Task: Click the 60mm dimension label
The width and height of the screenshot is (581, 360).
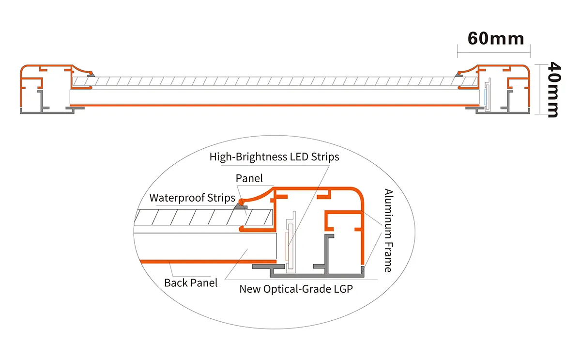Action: click(495, 38)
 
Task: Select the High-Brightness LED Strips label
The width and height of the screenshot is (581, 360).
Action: click(274, 157)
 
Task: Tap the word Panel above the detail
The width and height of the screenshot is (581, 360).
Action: click(249, 178)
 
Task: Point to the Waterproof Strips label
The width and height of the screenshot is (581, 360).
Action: click(192, 198)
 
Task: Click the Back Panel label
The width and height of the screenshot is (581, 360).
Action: click(191, 282)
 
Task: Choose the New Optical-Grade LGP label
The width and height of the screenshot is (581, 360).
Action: click(296, 289)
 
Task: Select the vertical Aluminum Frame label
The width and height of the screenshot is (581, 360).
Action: click(388, 230)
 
